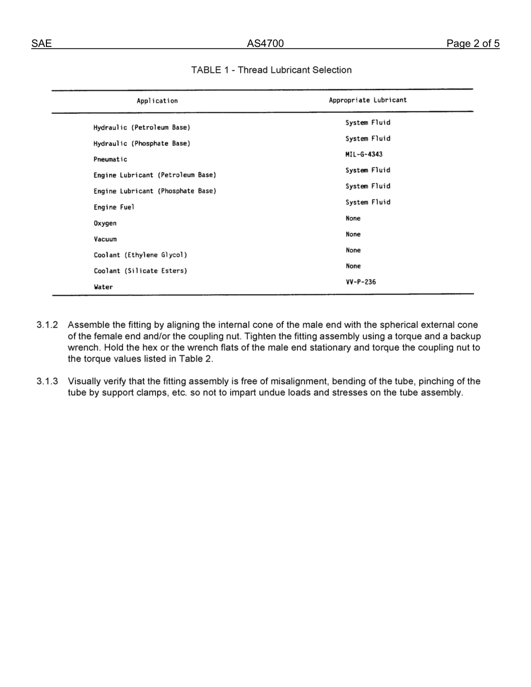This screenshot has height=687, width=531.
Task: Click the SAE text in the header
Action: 41,44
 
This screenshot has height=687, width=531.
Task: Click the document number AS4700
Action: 265,44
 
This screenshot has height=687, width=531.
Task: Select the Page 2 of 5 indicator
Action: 472,44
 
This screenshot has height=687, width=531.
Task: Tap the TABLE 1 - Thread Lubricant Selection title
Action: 271,70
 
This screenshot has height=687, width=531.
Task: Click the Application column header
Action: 157,101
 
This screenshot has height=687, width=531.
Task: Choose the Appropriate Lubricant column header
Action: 368,100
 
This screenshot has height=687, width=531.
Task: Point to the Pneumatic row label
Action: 110,159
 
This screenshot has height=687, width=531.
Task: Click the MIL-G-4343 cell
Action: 364,154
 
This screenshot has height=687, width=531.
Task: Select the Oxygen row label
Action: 105,223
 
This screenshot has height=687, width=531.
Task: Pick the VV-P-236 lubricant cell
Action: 361,282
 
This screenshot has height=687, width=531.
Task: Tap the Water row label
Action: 103,287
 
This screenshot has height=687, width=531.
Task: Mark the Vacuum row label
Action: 105,239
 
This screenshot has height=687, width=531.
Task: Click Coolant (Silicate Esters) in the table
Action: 140,271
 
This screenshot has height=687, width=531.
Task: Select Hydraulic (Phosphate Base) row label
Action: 141,144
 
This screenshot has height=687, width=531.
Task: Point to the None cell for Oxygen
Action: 353,218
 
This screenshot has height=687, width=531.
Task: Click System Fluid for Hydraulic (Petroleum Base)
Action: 368,122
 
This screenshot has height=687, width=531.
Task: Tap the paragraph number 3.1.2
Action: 48,325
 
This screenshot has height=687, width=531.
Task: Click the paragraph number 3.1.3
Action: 48,381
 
